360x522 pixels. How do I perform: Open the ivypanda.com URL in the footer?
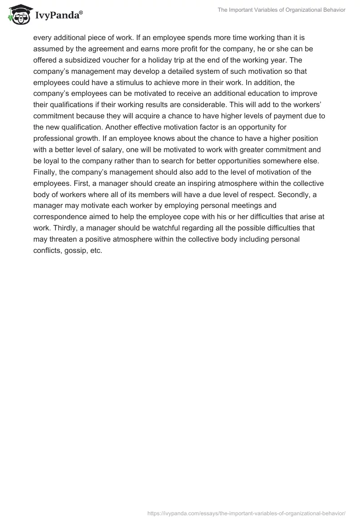[247, 513]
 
